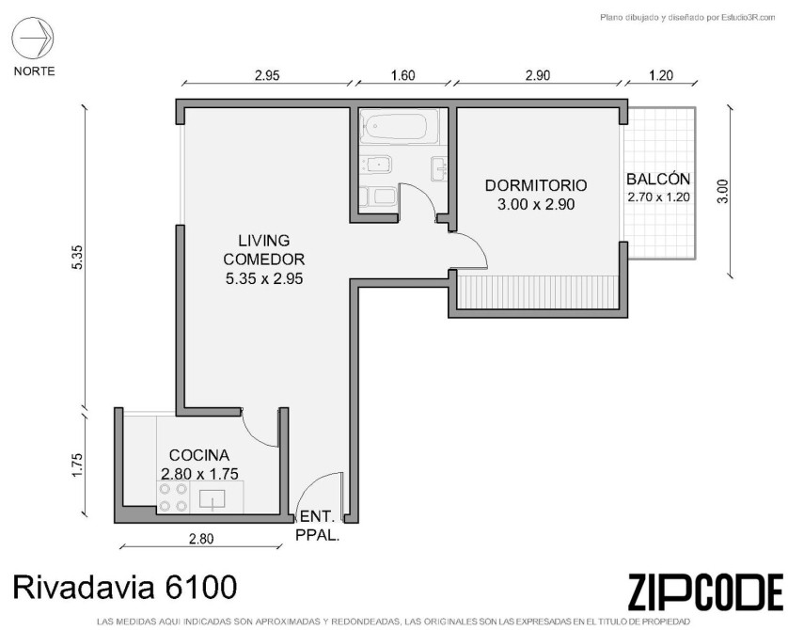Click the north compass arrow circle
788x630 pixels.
pos(33,38)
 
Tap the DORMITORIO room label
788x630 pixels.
pos(536,185)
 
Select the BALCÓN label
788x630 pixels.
pos(658,179)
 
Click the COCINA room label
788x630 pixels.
pos(199,455)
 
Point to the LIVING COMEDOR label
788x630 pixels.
pos(264,250)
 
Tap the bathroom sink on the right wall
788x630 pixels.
pos(439,169)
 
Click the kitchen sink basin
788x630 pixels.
pos(213,499)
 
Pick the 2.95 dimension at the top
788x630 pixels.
pos(267,76)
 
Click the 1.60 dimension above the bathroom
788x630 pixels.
pos(403,75)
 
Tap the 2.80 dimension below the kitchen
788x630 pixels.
pos(201,539)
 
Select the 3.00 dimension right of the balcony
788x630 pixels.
pos(722,191)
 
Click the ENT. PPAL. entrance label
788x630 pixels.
pos(317,526)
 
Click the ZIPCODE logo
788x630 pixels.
pos(705,591)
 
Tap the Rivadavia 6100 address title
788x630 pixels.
pos(125,587)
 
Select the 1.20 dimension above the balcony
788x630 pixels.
pos(661,75)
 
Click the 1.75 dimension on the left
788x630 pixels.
pos(77,465)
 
